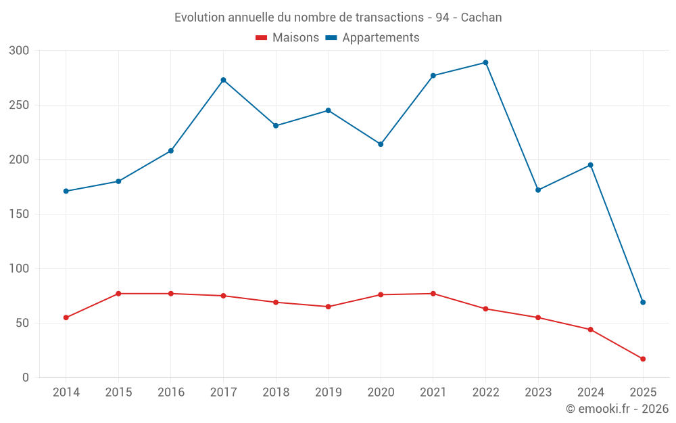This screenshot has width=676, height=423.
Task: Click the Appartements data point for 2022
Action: click(485, 63)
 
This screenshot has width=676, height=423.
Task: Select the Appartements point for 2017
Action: click(223, 80)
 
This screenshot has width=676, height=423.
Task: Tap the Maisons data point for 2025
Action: click(643, 359)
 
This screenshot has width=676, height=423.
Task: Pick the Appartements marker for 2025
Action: click(643, 303)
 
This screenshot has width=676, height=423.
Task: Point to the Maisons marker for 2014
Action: click(66, 317)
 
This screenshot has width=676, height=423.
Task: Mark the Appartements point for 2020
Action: click(381, 144)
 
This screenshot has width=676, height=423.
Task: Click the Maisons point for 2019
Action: click(328, 307)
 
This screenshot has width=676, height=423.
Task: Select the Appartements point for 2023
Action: click(538, 190)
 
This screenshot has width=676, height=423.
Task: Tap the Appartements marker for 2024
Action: click(591, 165)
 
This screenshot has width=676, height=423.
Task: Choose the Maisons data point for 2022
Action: click(485, 309)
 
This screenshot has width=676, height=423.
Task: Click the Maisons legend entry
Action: click(287, 38)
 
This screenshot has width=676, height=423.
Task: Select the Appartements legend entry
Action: click(372, 38)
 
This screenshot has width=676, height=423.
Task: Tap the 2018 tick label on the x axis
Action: click(276, 393)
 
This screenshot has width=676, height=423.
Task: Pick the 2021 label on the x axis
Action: click(433, 393)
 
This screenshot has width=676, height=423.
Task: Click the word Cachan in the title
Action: click(481, 18)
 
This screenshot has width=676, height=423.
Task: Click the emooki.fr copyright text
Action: click(617, 409)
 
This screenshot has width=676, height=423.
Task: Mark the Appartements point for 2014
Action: click(66, 191)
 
